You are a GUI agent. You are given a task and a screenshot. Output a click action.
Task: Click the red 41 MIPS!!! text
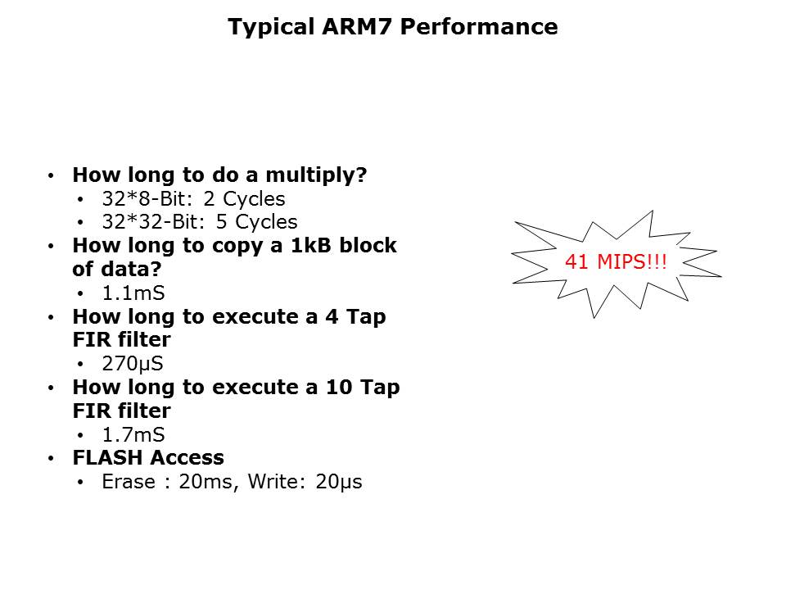coord(616,263)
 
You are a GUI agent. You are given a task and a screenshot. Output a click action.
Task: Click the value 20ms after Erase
coord(206,482)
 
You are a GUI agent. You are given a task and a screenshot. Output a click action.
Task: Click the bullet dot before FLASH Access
coord(52,459)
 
